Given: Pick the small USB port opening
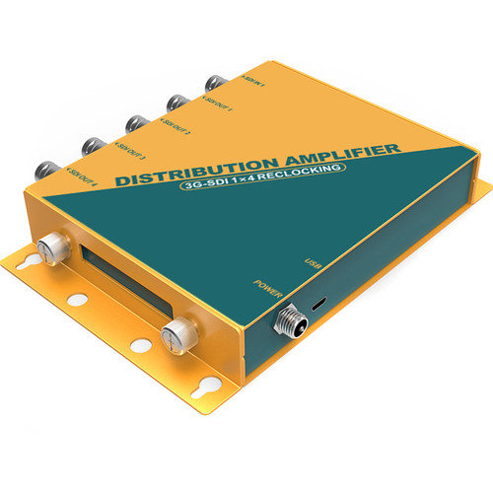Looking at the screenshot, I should pyautogui.click(x=317, y=306).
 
